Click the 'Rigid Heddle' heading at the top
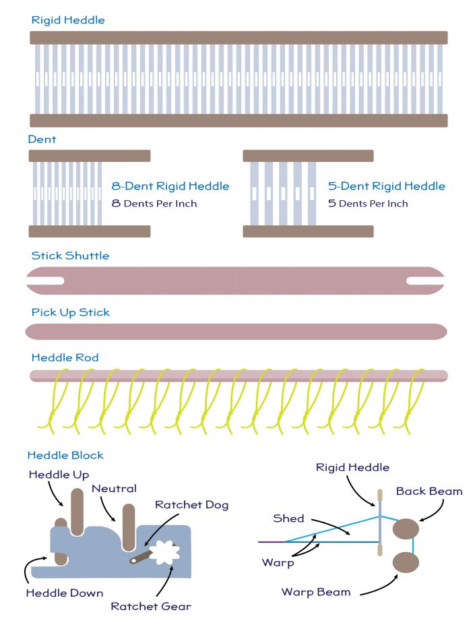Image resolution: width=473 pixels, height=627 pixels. [68, 20]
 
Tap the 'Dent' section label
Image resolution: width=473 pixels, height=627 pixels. [42, 140]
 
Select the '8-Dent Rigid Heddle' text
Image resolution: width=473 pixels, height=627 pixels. [170, 186]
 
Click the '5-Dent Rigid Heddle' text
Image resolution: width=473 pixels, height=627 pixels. [386, 186]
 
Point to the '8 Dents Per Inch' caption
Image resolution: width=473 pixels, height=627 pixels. [154, 203]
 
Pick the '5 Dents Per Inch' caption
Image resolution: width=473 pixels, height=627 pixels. [368, 203]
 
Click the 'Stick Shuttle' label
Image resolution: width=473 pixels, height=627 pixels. [70, 256]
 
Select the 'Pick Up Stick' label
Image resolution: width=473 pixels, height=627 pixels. [70, 312]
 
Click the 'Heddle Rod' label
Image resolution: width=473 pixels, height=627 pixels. [65, 357]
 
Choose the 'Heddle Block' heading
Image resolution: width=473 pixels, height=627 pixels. [65, 456]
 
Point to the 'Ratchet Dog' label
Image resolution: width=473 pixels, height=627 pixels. [191, 505]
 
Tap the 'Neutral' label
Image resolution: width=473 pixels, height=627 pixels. [114, 488]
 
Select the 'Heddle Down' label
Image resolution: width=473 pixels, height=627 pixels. [65, 593]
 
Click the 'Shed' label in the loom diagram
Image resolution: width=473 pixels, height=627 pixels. [288, 518]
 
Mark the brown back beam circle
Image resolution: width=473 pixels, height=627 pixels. [406, 529]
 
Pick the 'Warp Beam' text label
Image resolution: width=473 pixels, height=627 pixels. [316, 592]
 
